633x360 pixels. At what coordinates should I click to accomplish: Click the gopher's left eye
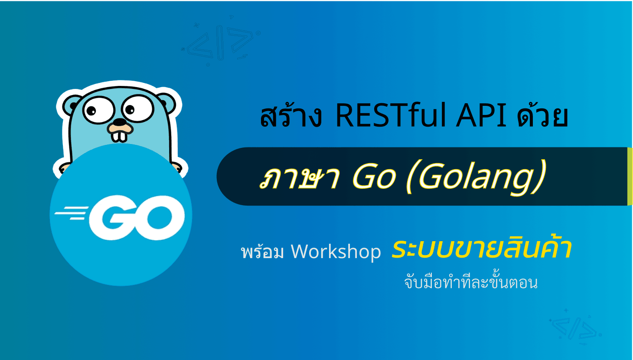[x=98, y=110]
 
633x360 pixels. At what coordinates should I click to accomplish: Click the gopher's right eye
[x=137, y=108]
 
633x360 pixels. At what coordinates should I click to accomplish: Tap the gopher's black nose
[x=120, y=122]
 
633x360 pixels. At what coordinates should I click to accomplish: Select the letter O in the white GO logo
[x=160, y=217]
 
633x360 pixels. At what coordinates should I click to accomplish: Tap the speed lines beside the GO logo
[x=72, y=213]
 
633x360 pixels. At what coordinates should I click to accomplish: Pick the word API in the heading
[x=481, y=116]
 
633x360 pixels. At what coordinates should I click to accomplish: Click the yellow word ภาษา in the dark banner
[x=299, y=178]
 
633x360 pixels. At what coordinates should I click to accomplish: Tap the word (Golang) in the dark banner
[x=476, y=177]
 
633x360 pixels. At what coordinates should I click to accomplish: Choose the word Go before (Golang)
[x=374, y=177]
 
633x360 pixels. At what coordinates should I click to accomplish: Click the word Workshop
[x=336, y=251]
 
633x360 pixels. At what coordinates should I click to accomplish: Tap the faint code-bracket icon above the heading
[x=221, y=41]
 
